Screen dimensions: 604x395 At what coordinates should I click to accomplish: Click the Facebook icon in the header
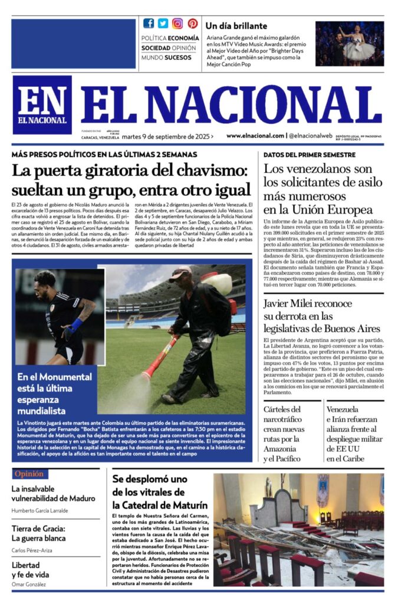click(149, 24)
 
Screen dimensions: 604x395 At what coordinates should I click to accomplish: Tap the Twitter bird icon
click(163, 24)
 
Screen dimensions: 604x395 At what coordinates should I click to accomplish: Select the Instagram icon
click(177, 24)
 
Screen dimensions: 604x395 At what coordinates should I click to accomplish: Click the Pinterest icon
click(192, 24)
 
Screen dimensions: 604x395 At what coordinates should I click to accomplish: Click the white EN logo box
click(42, 105)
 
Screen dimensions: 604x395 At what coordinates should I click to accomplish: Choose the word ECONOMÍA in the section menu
click(183, 38)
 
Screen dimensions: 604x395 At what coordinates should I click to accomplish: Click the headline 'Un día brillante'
click(236, 26)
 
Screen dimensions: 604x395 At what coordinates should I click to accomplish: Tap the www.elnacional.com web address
click(255, 136)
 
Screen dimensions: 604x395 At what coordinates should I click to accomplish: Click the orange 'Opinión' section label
click(29, 474)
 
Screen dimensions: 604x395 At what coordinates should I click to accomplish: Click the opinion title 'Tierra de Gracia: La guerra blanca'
click(39, 533)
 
